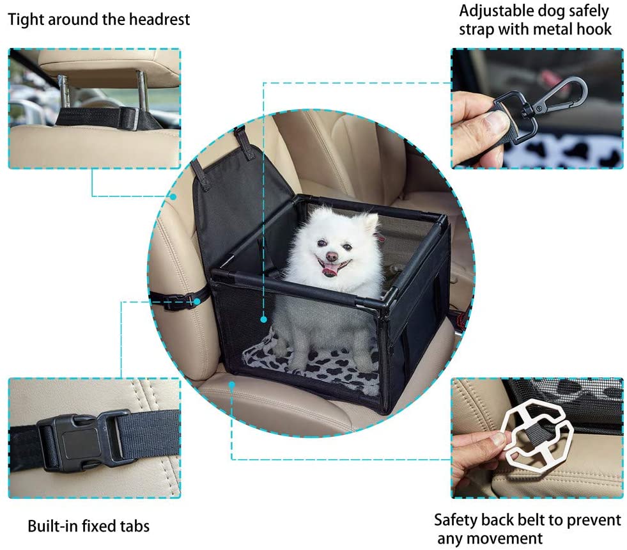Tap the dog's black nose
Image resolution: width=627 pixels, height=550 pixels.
coord(330,256)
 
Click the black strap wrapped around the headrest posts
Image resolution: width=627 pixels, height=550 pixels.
coord(96,116)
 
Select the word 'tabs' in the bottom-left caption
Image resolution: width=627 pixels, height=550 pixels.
coord(134,526)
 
